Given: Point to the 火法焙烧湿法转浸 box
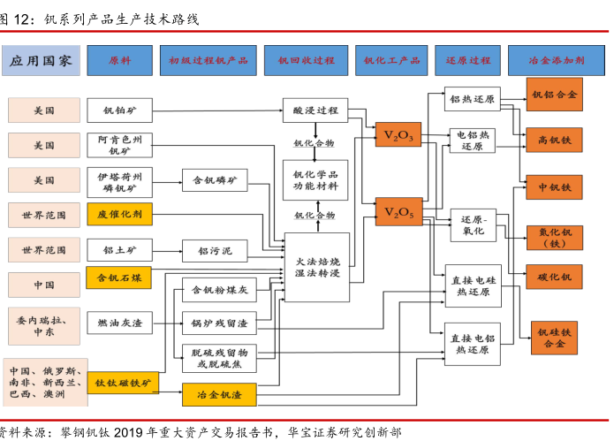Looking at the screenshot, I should click(x=315, y=266).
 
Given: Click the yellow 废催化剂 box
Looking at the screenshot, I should click(x=119, y=214).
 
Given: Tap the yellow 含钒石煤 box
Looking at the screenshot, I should click(x=119, y=278).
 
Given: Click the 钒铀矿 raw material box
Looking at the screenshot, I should click(x=119, y=110).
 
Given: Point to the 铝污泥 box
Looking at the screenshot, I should click(x=216, y=251).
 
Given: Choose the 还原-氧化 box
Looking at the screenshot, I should click(x=474, y=224).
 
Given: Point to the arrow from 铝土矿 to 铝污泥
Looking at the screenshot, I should click(x=167, y=251).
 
